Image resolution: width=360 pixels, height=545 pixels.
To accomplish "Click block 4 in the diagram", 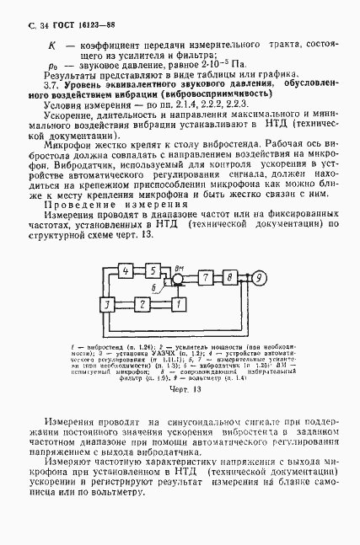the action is [126, 270].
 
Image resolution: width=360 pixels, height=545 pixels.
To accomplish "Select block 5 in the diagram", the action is [153, 270].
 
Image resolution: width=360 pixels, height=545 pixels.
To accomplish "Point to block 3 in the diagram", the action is [106, 302].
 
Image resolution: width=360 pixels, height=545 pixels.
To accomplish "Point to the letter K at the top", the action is [51, 42].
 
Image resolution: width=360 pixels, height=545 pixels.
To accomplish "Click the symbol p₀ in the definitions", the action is [51, 63].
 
